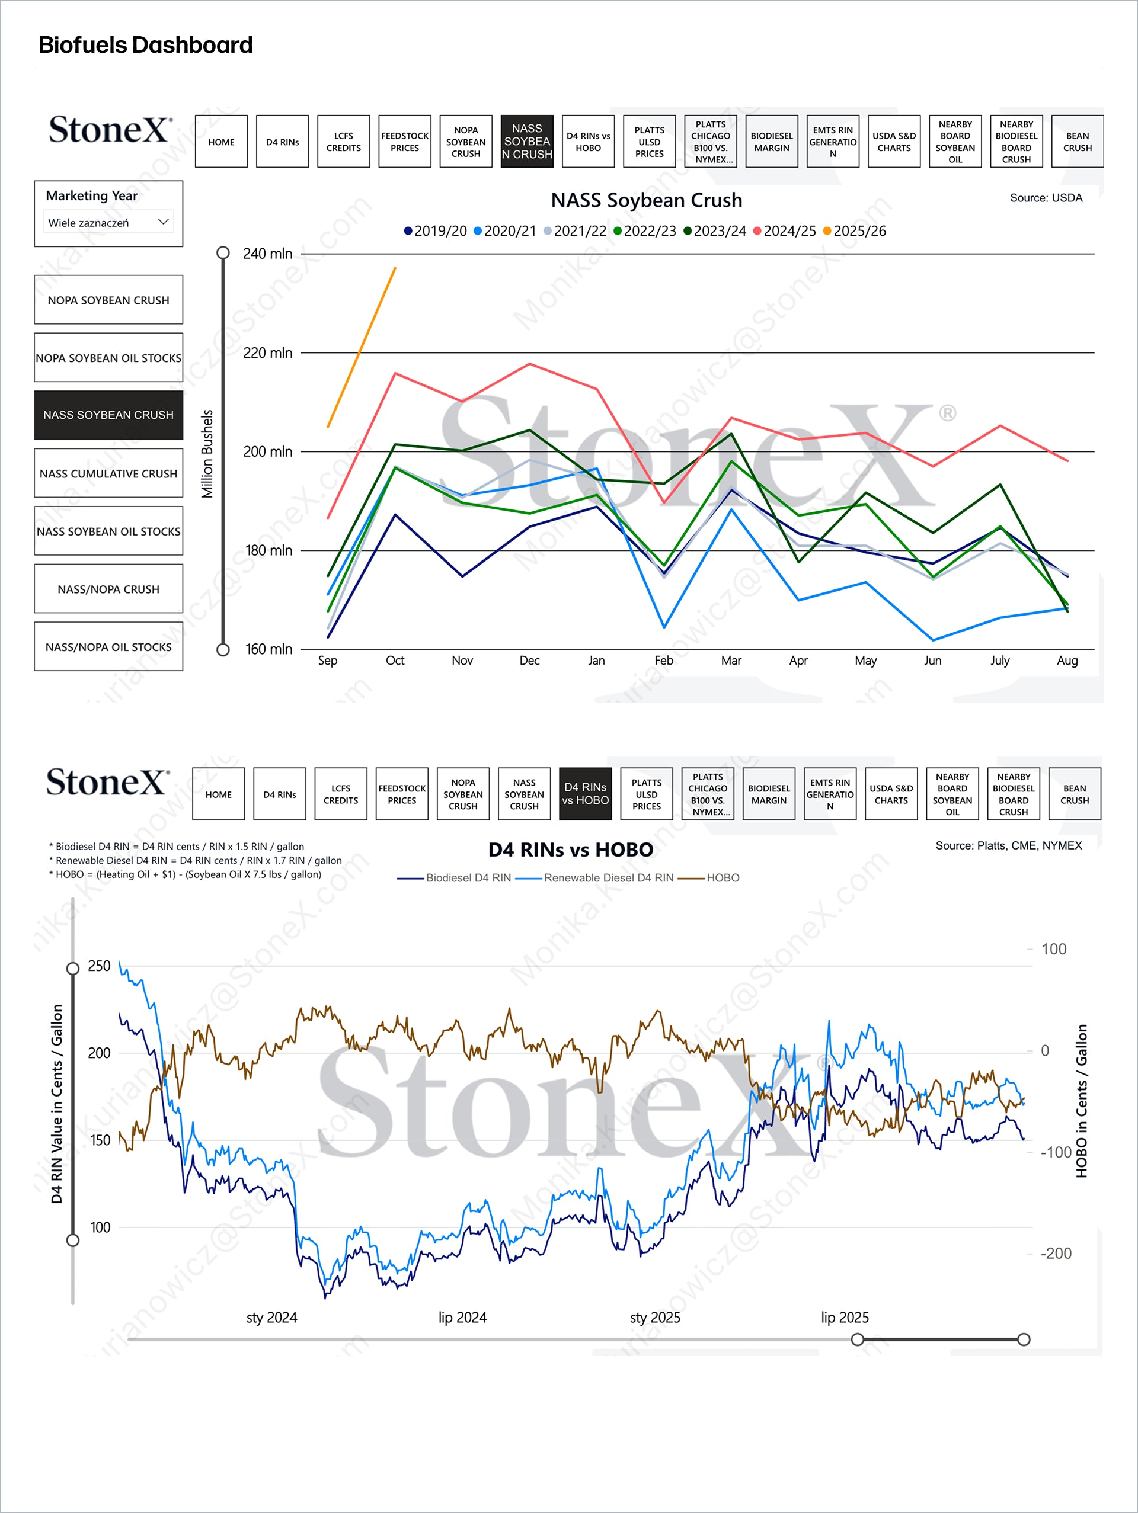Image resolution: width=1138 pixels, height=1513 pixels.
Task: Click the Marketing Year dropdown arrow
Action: (163, 222)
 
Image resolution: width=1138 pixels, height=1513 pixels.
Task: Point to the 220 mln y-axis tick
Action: (267, 353)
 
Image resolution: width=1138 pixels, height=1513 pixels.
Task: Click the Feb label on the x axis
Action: (663, 661)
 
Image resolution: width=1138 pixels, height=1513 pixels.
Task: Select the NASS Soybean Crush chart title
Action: (646, 200)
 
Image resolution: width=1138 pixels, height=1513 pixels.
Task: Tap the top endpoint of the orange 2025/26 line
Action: (395, 268)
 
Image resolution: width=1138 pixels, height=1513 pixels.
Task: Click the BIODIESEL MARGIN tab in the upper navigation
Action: (771, 142)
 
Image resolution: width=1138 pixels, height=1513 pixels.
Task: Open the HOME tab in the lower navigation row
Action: (218, 794)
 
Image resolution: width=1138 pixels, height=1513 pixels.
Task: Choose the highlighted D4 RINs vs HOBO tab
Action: (585, 794)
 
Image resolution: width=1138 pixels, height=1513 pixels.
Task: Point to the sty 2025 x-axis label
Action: (655, 1317)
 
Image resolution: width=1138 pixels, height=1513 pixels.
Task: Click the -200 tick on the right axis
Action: (1055, 1253)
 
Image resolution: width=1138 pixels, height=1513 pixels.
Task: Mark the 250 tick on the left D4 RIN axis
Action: (98, 966)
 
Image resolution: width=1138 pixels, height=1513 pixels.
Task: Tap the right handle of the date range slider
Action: (1023, 1339)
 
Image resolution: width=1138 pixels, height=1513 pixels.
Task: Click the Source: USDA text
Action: (1046, 198)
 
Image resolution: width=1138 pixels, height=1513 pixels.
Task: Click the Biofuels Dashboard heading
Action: (146, 45)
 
